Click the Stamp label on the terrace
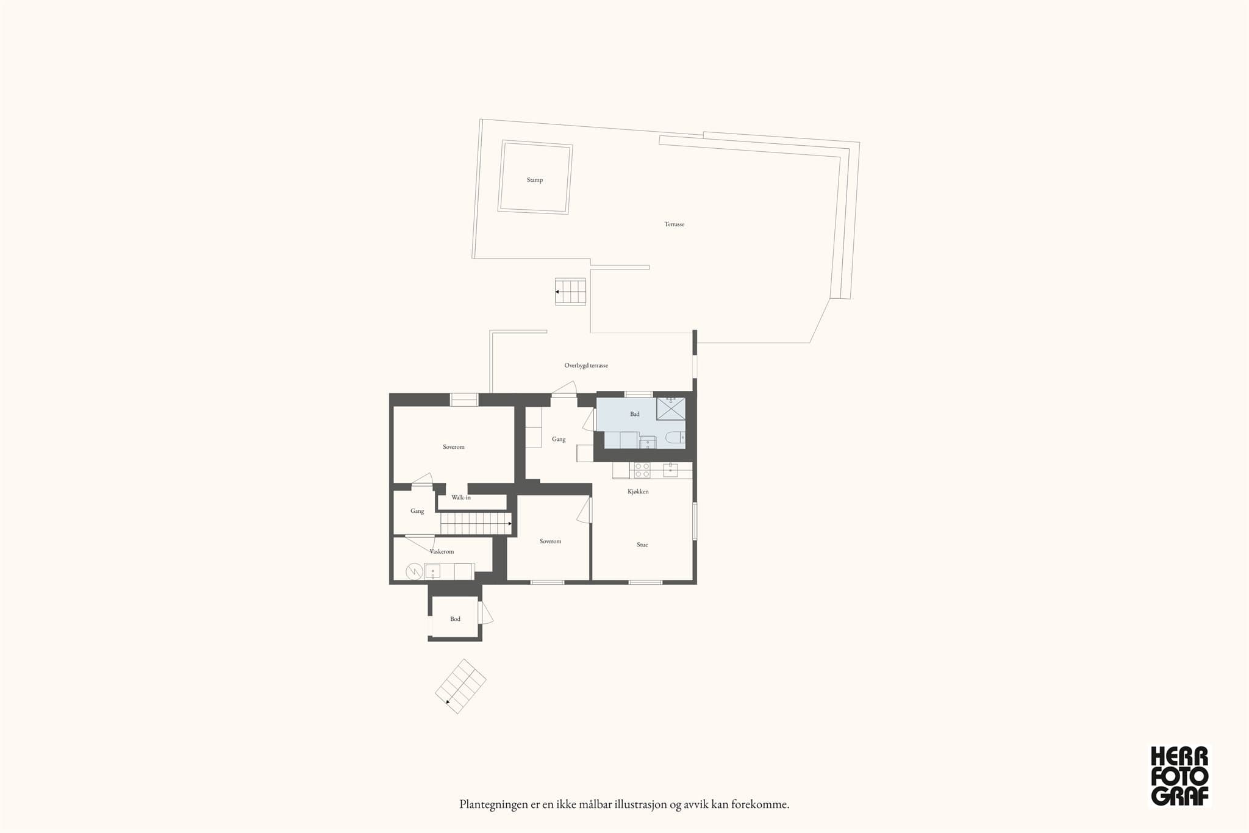tap(535, 180)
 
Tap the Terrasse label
tap(675, 224)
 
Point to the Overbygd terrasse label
tap(586, 366)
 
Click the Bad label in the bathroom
tap(635, 414)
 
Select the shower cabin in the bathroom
tap(671, 409)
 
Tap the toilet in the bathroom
tap(675, 437)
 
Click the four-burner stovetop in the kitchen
tap(642, 470)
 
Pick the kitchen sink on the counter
tap(670, 470)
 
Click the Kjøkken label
tap(638, 492)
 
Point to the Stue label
tap(642, 545)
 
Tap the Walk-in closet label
tap(461, 498)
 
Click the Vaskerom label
tap(442, 551)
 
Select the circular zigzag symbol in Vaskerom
tap(415, 571)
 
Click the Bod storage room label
tap(456, 619)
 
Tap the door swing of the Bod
tap(486, 613)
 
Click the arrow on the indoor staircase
tap(510, 523)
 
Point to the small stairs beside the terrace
tap(570, 291)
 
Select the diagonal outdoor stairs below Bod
tap(460, 686)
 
